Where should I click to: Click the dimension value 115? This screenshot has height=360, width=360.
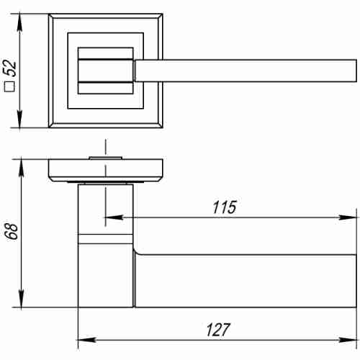coord(224,207)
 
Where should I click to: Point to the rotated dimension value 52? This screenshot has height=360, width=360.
coord(9,68)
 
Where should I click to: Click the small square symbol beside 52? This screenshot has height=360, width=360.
coord(9,89)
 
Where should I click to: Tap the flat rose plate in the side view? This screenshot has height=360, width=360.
coord(105,170)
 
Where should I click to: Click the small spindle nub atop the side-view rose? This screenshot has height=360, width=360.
coord(105,156)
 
